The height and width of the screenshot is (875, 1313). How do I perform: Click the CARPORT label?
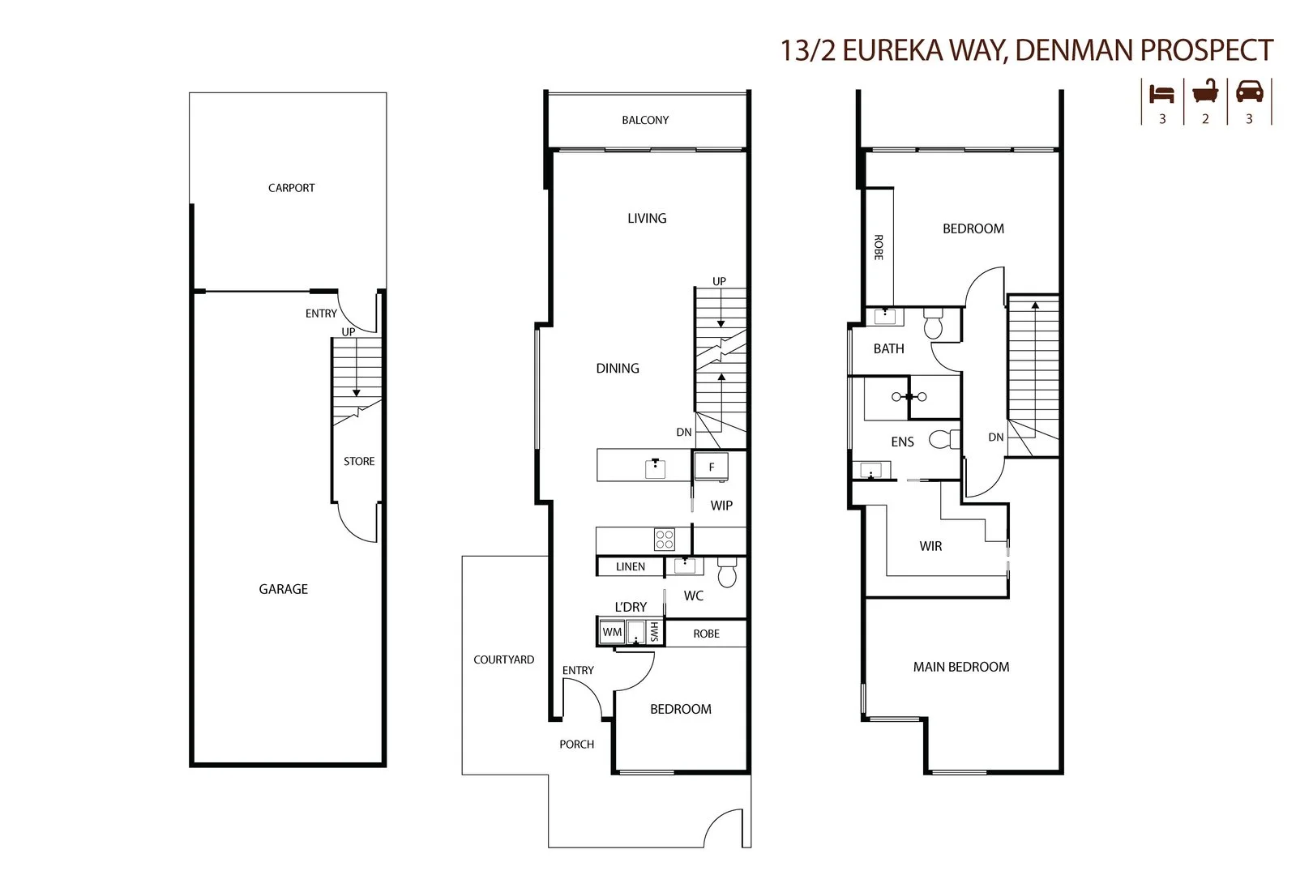pos(291,188)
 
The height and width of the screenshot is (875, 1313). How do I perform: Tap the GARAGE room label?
pos(283,589)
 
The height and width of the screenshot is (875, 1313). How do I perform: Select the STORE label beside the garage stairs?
pos(359,461)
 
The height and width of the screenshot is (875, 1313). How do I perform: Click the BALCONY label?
pos(645,120)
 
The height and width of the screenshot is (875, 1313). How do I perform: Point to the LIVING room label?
pos(647,218)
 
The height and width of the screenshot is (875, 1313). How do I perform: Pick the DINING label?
pos(618,368)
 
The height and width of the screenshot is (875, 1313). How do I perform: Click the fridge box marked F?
pos(711,467)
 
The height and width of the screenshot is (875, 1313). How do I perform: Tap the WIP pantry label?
pos(721,506)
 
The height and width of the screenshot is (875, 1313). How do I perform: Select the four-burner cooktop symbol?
pos(665,539)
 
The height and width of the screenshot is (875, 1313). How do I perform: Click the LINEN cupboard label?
pos(631,566)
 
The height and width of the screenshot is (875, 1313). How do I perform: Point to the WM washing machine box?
pos(612,632)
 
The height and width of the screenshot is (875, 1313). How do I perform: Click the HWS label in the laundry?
pos(654,632)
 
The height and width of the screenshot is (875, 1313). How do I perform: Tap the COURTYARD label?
pos(503,659)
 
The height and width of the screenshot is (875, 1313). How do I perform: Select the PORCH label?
pos(576,744)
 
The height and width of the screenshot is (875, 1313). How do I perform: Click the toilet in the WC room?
pos(726,574)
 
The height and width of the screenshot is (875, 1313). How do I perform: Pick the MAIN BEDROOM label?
pos(961,667)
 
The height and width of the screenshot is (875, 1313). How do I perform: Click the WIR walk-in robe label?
pos(930,546)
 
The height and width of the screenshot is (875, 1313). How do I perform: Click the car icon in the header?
pos(1249,92)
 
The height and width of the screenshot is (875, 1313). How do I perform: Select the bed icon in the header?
pos(1161,93)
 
